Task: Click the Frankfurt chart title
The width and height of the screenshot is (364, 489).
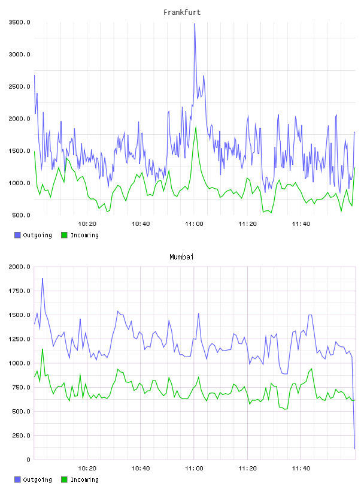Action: (x=182, y=13)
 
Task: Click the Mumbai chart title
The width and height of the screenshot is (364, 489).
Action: (x=181, y=257)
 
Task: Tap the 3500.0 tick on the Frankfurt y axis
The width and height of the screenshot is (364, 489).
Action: (x=20, y=22)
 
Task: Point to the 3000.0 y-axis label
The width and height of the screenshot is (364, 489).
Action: (x=20, y=55)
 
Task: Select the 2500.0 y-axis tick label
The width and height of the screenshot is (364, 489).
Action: (x=20, y=86)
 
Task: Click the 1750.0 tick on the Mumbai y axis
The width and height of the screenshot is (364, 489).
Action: (x=20, y=291)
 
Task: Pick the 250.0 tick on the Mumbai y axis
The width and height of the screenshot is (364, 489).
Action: (x=21, y=435)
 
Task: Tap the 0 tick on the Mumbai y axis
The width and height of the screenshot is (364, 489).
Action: (x=28, y=460)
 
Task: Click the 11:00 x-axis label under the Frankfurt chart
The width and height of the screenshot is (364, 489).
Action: (x=194, y=224)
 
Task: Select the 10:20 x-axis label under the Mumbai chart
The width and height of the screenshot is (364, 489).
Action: (x=87, y=468)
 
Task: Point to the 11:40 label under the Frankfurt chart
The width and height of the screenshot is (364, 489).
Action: (x=301, y=224)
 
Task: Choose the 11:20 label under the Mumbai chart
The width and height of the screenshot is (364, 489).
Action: (x=248, y=468)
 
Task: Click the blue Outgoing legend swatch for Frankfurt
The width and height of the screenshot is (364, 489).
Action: (x=17, y=235)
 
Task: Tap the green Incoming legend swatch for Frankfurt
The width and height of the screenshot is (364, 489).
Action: (x=64, y=235)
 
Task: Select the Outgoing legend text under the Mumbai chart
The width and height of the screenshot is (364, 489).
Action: (x=37, y=479)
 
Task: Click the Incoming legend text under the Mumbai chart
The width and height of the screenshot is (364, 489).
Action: (x=85, y=479)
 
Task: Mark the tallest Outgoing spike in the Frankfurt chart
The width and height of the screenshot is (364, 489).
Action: (x=195, y=24)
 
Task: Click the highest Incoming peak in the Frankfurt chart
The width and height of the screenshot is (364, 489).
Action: (x=196, y=127)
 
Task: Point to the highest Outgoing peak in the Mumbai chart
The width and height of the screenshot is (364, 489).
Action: (x=43, y=279)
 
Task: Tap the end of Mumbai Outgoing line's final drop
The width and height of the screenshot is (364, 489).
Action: (x=354, y=449)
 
